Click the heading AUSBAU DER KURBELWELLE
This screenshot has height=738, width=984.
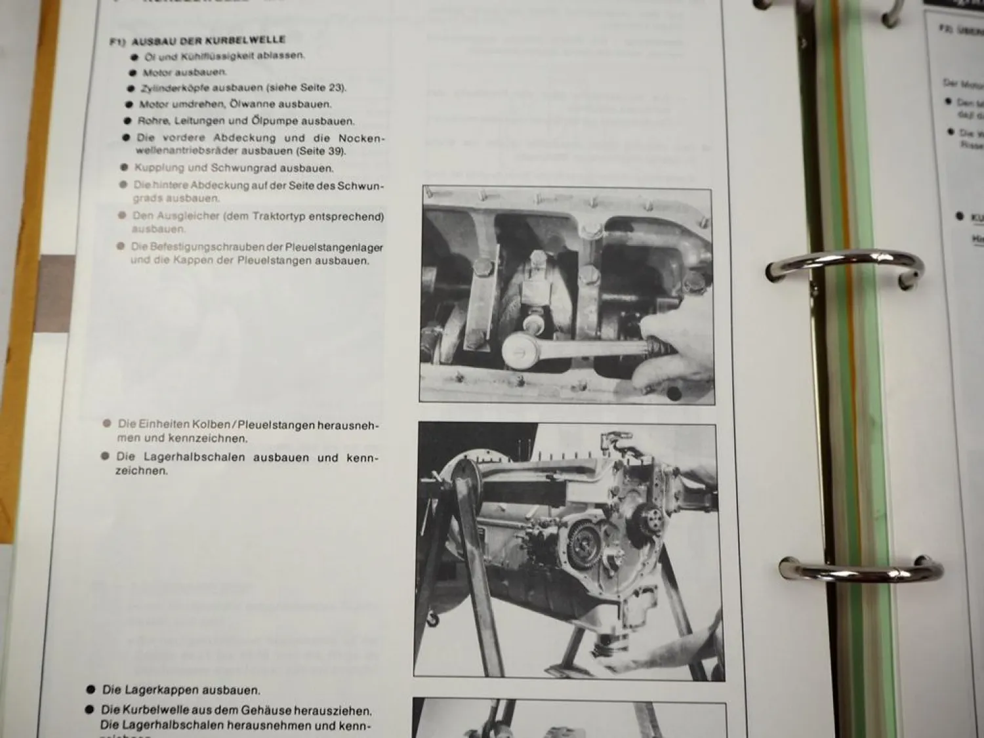click(209, 41)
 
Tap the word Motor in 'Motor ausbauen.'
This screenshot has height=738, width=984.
click(157, 72)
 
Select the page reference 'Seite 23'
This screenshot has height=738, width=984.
click(321, 87)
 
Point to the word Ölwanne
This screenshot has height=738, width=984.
click(247, 104)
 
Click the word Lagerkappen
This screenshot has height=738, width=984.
click(168, 690)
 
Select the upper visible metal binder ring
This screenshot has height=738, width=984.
click(845, 268)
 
